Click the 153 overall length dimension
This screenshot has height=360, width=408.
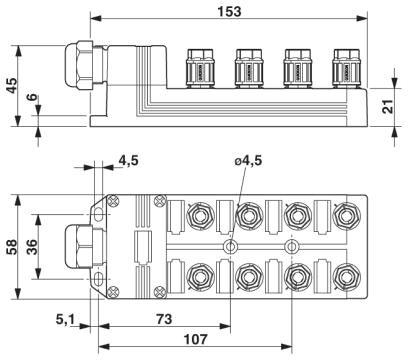(x=229, y=11)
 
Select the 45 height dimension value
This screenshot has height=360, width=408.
(x=11, y=86)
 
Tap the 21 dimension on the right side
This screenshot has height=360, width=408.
(x=388, y=107)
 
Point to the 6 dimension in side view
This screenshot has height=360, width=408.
(x=32, y=97)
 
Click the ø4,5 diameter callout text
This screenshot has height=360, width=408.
(x=248, y=161)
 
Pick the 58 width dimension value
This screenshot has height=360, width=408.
(x=12, y=247)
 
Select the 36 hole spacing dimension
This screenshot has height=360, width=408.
(x=32, y=247)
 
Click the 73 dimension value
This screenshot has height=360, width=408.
(x=164, y=319)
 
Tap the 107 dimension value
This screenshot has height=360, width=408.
(x=195, y=340)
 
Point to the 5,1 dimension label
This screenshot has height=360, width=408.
(x=66, y=319)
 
